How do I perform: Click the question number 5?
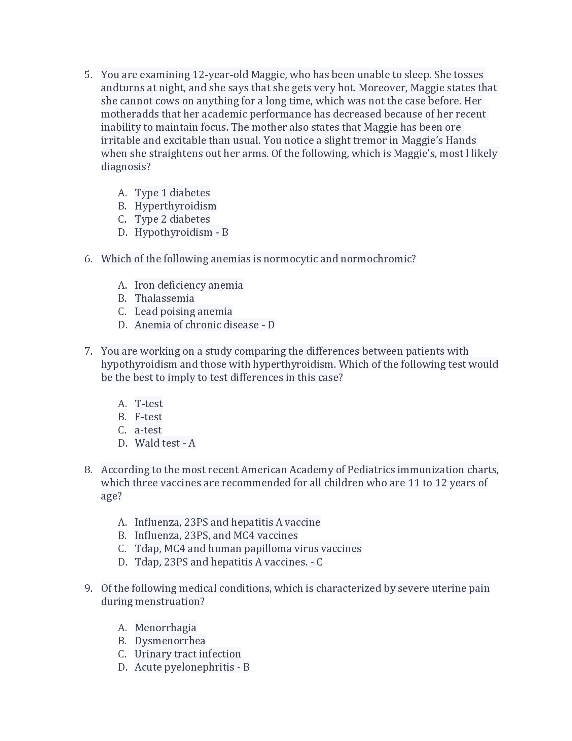pyautogui.click(x=88, y=75)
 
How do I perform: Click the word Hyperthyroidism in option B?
pyautogui.click(x=175, y=206)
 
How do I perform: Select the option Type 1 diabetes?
pyautogui.click(x=172, y=193)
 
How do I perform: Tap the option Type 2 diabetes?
pyautogui.click(x=172, y=219)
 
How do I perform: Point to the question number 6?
pyautogui.click(x=88, y=259)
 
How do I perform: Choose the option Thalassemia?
pyautogui.click(x=164, y=298)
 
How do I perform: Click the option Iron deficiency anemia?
pyautogui.click(x=189, y=285)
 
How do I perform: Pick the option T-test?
pyautogui.click(x=148, y=404)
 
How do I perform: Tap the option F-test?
pyautogui.click(x=148, y=417)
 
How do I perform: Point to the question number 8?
pyautogui.click(x=88, y=470)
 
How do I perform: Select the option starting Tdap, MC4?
pyautogui.click(x=248, y=548)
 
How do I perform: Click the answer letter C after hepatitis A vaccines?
pyautogui.click(x=319, y=562)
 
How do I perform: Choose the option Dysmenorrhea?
pyautogui.click(x=170, y=641)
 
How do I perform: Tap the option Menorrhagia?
pyautogui.click(x=165, y=627)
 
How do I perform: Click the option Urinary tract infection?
pyautogui.click(x=188, y=654)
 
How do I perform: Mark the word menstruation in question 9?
pyautogui.click(x=169, y=601)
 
